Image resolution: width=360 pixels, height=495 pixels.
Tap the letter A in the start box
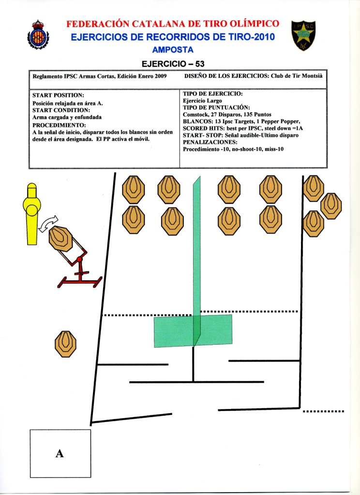pyautogui.click(x=60, y=453)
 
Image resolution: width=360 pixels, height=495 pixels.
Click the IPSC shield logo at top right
pyautogui.click(x=304, y=35)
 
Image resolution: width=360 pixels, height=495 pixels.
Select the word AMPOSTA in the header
pyautogui.click(x=173, y=50)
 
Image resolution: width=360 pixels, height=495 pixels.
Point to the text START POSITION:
pyautogui.click(x=58, y=96)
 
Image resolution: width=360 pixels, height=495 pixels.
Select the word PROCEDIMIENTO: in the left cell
pyautogui.click(x=59, y=125)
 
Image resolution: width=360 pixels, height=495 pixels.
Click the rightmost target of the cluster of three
pyautogui.click(x=331, y=205)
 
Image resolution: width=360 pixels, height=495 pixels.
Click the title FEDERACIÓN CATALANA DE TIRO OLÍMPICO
pyautogui.click(x=173, y=24)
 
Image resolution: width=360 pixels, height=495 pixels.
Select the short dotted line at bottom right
pyautogui.click(x=323, y=411)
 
